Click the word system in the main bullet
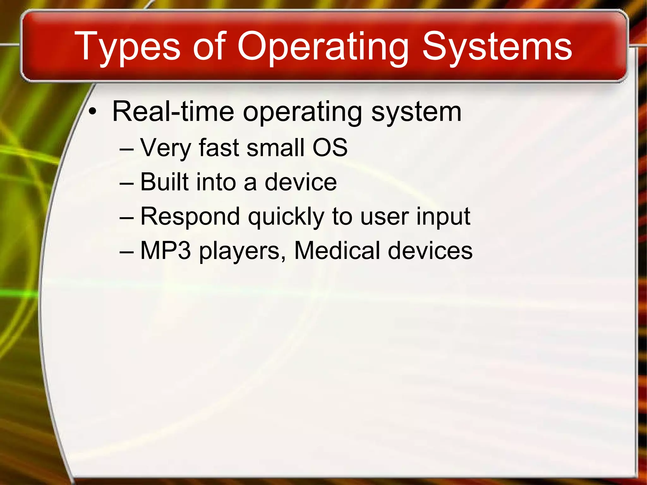416,112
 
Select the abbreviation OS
330,148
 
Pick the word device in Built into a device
300,182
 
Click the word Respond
190,217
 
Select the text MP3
166,251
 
